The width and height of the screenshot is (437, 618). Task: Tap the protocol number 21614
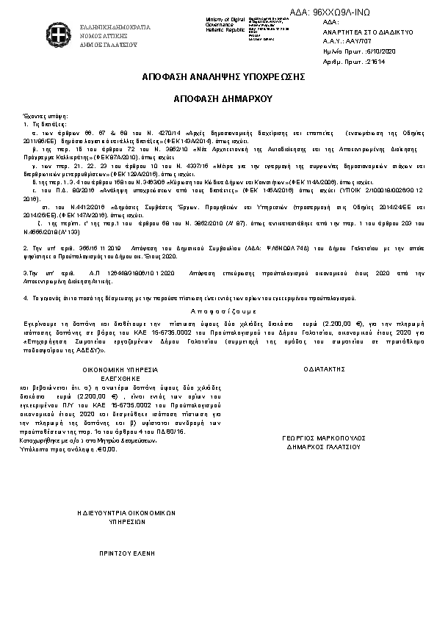pos(375,61)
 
